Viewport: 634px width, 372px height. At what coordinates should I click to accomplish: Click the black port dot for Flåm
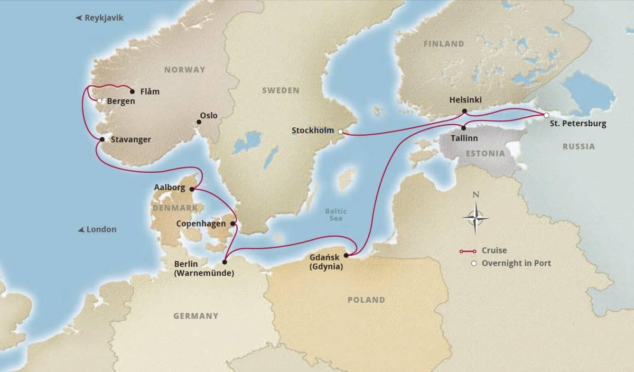[132, 90]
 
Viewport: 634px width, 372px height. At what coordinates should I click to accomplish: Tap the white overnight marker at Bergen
[99, 100]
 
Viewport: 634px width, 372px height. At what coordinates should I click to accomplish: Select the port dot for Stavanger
[102, 139]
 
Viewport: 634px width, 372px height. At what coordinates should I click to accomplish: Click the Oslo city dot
[199, 122]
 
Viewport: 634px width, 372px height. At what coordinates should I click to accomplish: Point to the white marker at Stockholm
[340, 132]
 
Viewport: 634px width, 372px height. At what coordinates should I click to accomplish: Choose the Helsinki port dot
[464, 111]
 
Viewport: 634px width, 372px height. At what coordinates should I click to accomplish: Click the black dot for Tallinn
[463, 127]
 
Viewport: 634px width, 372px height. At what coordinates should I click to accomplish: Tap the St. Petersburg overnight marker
[547, 115]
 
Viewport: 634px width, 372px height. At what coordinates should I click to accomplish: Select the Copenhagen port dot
[232, 224]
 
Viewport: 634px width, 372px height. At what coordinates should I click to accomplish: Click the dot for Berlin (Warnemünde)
[225, 262]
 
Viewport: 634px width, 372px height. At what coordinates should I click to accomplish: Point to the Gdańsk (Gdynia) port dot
[346, 256]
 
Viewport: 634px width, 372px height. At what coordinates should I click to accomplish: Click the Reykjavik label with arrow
[100, 18]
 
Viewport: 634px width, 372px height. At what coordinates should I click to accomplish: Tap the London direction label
[97, 230]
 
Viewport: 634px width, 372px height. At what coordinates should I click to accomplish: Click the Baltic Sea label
[333, 215]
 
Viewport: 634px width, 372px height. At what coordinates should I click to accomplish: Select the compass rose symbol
[475, 217]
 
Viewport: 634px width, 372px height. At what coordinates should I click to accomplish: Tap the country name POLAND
[366, 300]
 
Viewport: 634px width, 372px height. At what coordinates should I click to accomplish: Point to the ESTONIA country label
[484, 153]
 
